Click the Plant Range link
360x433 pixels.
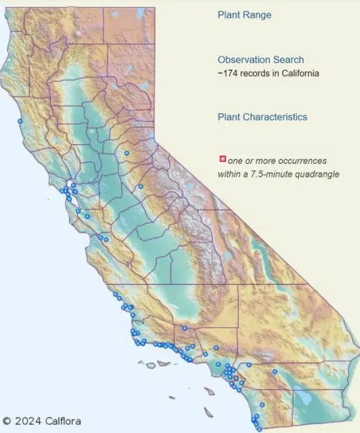[244, 15]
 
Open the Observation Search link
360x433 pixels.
[261, 60]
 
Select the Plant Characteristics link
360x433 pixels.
[262, 117]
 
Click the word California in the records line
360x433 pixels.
[297, 73]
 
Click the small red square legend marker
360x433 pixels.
[223, 159]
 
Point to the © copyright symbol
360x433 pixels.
[7, 421]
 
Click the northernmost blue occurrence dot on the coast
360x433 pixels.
[20, 120]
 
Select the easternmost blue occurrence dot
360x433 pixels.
[275, 371]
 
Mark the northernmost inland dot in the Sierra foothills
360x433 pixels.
[126, 154]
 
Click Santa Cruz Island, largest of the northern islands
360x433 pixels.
[162, 363]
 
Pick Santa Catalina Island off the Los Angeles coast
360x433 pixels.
[210, 391]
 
